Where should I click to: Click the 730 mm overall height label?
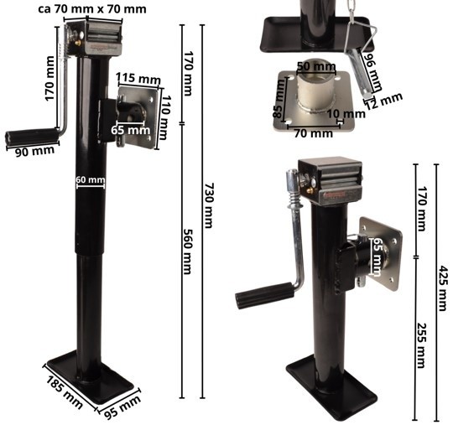click(x=209, y=205)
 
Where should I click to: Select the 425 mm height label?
click(x=442, y=288)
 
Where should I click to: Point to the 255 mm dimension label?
click(x=421, y=345)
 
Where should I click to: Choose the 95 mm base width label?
click(x=122, y=407)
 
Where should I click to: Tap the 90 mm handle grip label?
click(x=34, y=151)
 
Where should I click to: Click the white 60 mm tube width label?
click(x=91, y=179)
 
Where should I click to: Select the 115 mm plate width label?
click(x=138, y=79)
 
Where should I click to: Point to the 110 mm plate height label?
click(x=166, y=117)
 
